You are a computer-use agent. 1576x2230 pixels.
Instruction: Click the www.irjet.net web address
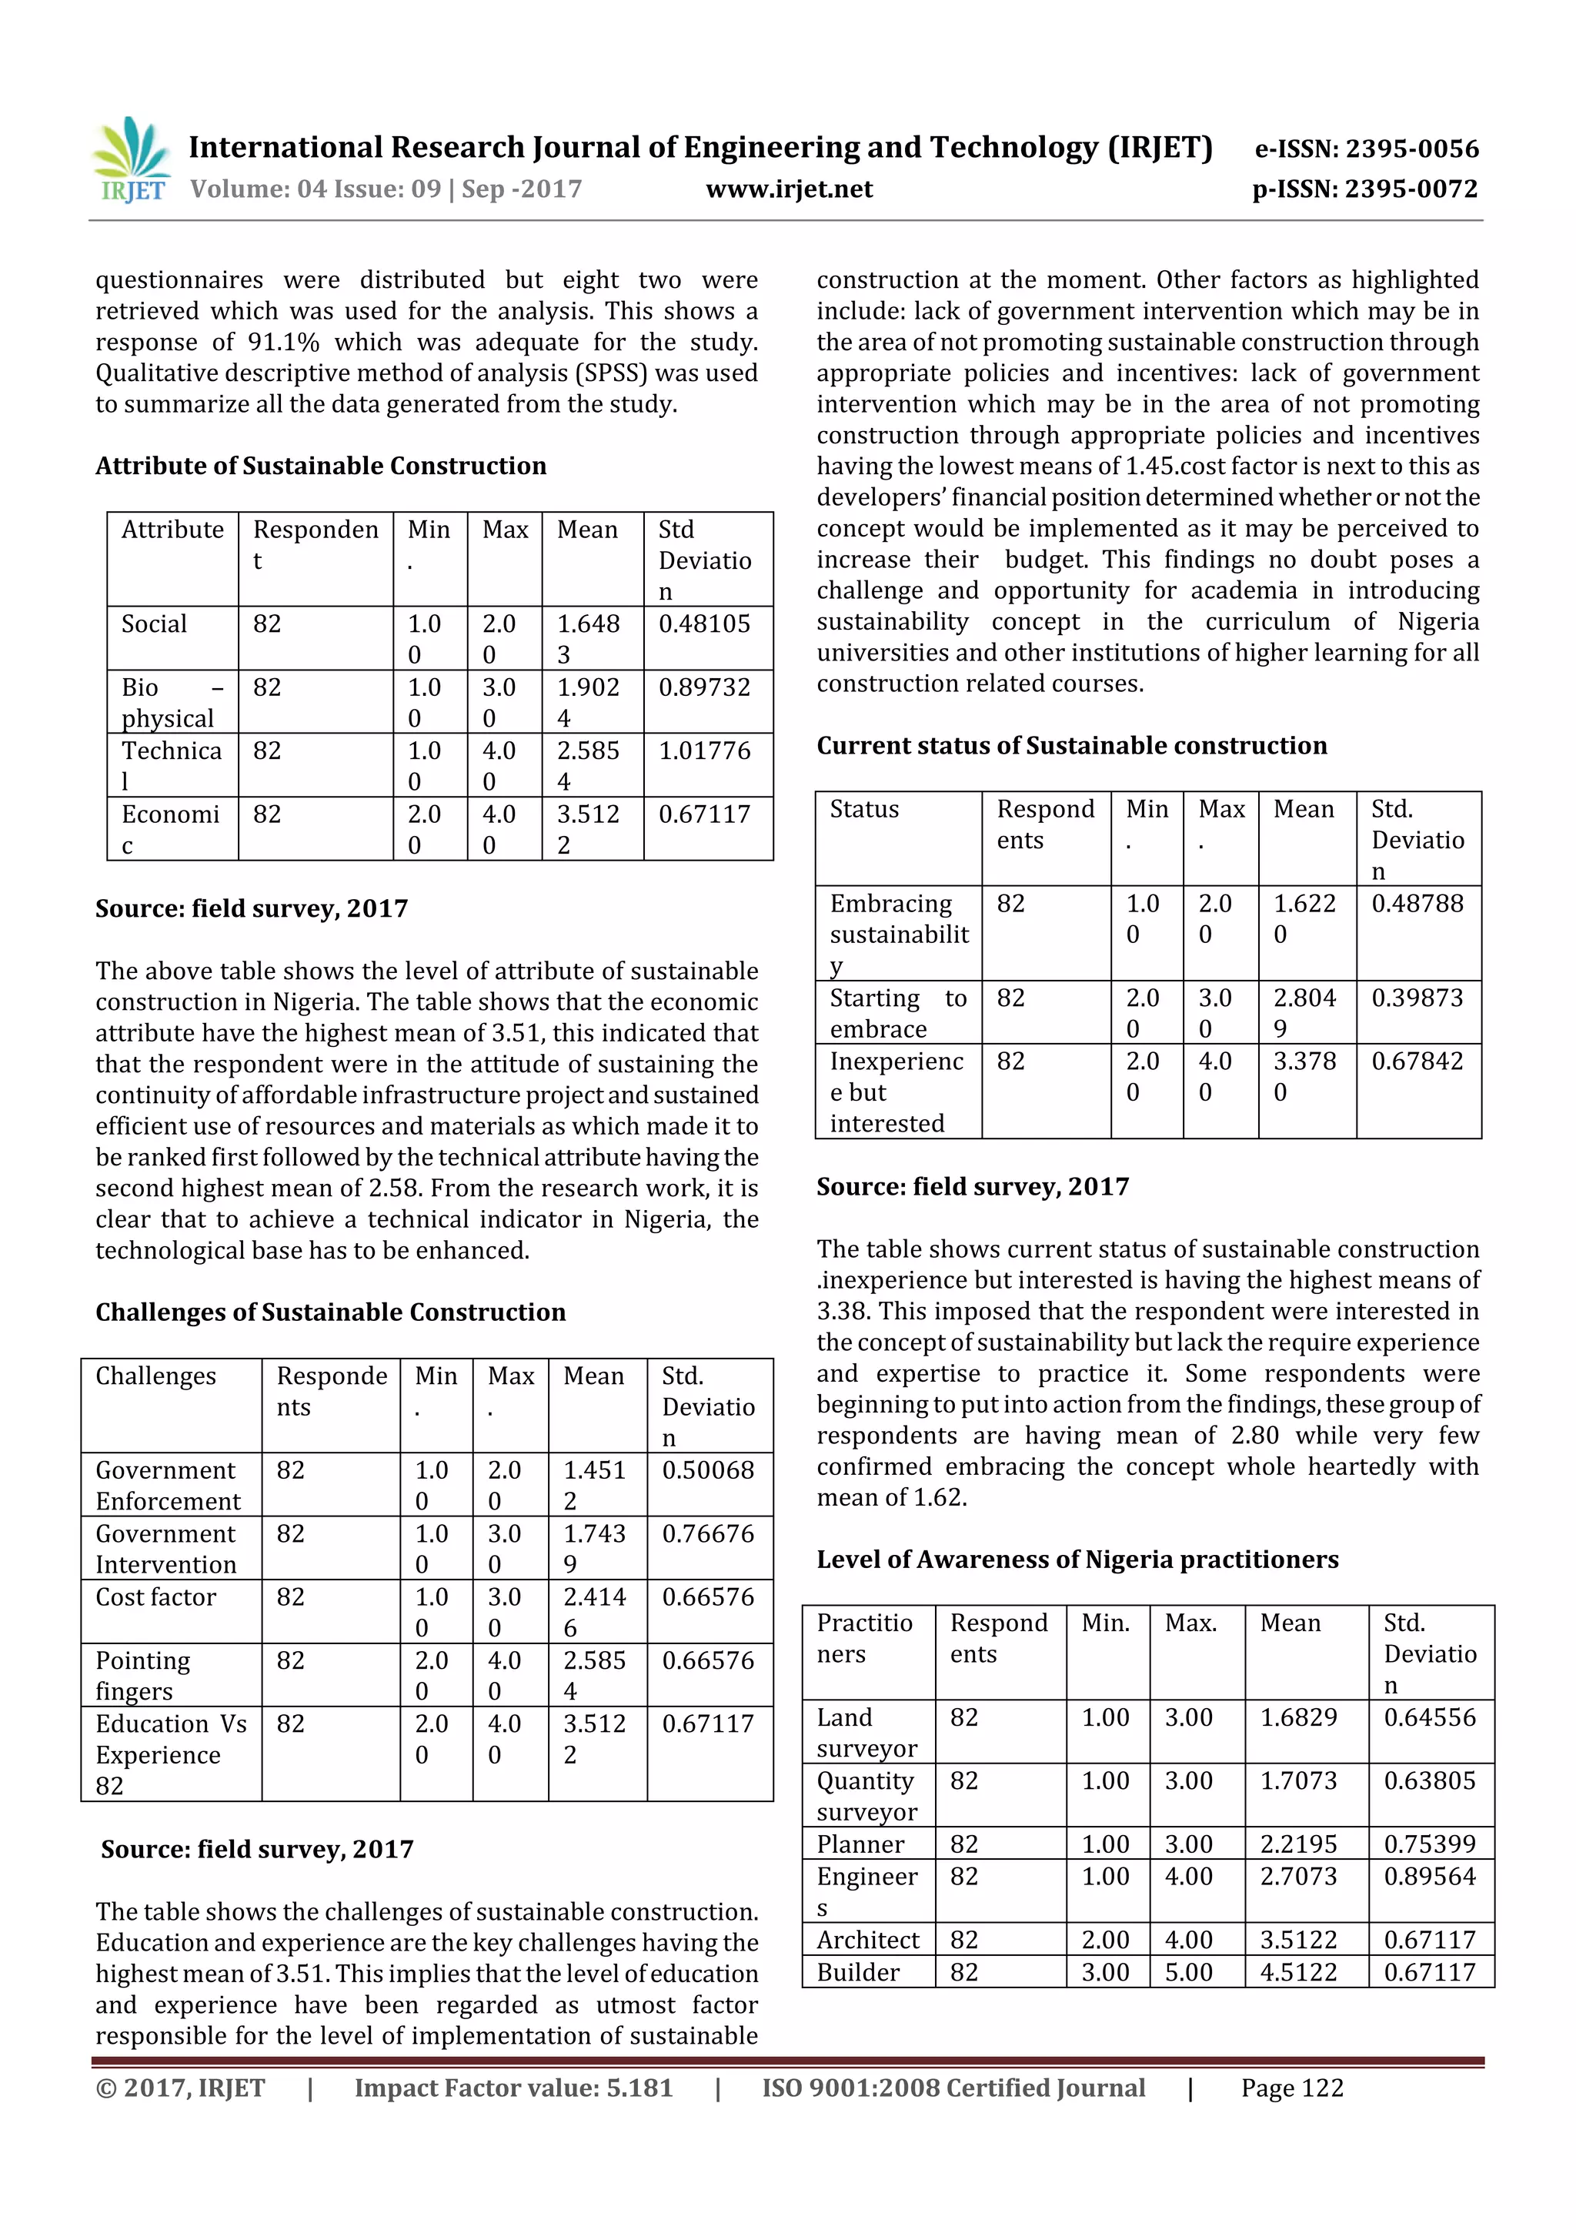(x=789, y=189)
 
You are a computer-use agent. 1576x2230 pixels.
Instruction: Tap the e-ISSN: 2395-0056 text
(x=1366, y=149)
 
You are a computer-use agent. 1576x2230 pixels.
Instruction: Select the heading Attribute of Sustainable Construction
(x=320, y=466)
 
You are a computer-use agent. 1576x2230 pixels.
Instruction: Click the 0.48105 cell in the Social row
(x=704, y=624)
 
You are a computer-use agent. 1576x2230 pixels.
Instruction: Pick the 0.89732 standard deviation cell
(x=704, y=687)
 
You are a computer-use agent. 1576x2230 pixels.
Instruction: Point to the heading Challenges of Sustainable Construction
(x=330, y=1312)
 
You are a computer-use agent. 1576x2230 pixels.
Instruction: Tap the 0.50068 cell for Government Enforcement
(x=708, y=1470)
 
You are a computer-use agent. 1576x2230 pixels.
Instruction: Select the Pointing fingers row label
(x=142, y=1676)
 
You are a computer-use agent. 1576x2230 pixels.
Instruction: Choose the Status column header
(x=863, y=809)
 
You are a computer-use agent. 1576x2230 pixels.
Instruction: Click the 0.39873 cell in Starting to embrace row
(x=1417, y=998)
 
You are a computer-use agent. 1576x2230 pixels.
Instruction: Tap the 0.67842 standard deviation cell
(x=1417, y=1061)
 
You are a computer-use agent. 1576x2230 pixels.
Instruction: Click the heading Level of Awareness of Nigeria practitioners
(x=1077, y=1560)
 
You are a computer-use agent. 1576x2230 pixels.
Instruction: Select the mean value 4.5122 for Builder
(x=1298, y=1973)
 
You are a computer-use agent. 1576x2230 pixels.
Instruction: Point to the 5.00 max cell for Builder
(x=1189, y=1973)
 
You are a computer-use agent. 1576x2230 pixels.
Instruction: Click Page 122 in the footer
(x=1291, y=2088)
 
